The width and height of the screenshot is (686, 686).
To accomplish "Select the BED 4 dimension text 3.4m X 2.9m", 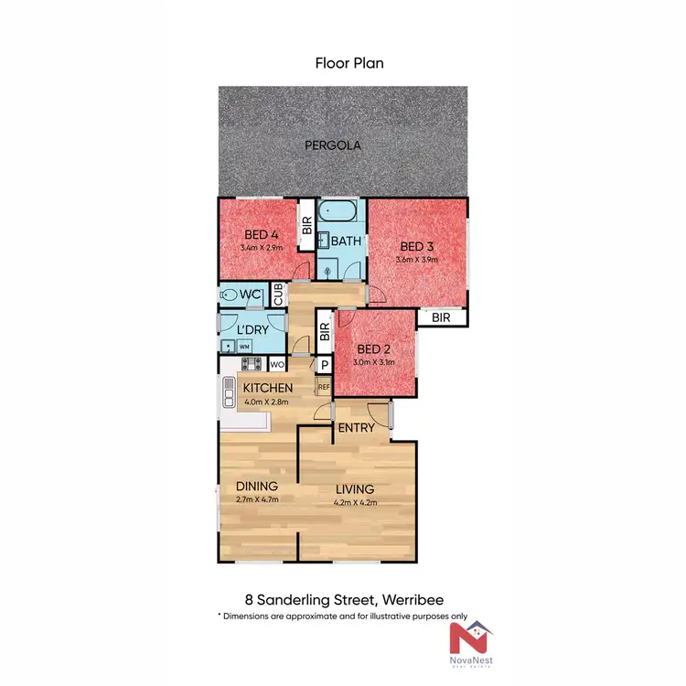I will (261, 248).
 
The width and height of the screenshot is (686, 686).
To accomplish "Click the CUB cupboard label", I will (277, 295).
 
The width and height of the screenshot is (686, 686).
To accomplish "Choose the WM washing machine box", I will (244, 347).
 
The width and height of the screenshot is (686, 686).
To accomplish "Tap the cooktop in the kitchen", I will (252, 364).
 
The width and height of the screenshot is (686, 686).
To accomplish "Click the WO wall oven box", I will (277, 364).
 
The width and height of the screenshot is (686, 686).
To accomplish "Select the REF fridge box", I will (324, 386).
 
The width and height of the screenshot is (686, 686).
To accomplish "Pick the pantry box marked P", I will (324, 364).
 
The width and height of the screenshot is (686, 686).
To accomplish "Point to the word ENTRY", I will (355, 428).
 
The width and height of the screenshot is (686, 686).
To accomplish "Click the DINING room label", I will (257, 487).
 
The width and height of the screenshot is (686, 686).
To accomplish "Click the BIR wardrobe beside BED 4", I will (307, 225).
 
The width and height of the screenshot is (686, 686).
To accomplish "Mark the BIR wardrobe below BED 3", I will (442, 317).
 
